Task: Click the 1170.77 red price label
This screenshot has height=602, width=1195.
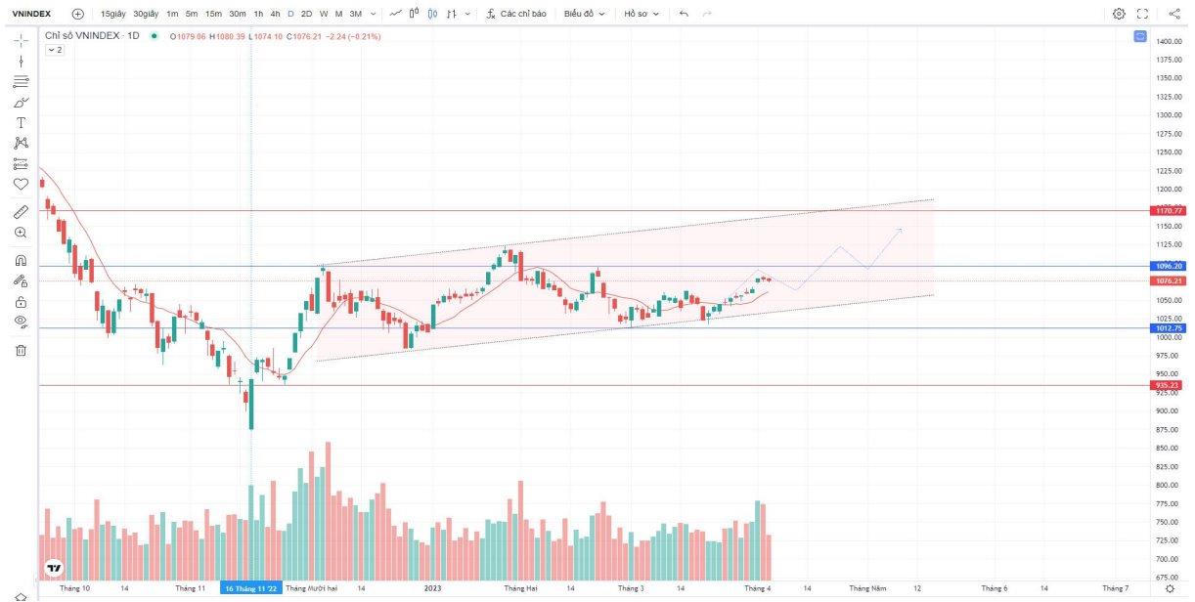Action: [x=1169, y=210]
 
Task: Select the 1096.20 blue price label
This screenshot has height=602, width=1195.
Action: [x=1169, y=266]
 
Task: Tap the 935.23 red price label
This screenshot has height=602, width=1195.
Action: [x=1169, y=385]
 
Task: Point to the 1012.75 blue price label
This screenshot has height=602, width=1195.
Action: [x=1169, y=328]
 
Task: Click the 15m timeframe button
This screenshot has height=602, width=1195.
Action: [x=213, y=14]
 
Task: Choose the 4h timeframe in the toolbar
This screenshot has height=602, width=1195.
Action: [x=275, y=14]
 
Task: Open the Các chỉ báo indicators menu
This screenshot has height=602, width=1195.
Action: [x=516, y=14]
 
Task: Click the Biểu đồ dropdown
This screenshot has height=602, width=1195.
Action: [x=584, y=14]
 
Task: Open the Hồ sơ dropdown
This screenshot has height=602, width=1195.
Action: [x=642, y=14]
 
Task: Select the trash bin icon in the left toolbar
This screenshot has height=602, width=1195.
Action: [x=21, y=350]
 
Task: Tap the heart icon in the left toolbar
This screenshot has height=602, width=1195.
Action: [x=21, y=184]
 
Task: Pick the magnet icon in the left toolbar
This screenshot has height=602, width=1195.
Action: [x=21, y=261]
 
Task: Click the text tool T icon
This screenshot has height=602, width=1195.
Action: [x=21, y=122]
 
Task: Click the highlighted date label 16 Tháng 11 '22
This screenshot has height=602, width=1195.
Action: [x=251, y=588]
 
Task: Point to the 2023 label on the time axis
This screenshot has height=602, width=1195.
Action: [x=433, y=588]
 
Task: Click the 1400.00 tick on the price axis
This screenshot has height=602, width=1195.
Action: [x=1169, y=41]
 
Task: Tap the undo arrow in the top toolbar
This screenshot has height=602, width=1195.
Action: [x=684, y=14]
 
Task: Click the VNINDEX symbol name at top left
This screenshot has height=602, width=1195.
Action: [x=31, y=14]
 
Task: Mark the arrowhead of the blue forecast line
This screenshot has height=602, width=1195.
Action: [x=901, y=230]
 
